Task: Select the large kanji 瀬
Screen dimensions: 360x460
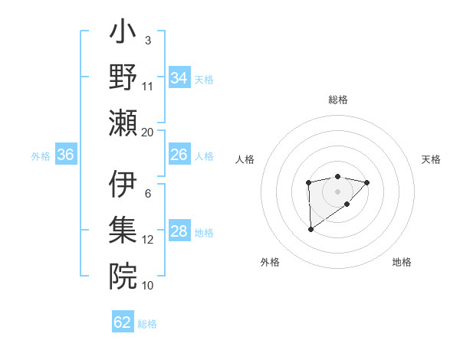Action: (x=123, y=122)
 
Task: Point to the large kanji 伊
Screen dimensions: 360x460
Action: (x=123, y=185)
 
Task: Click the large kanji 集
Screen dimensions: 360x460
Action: (x=123, y=230)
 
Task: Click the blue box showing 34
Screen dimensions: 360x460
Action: (x=179, y=78)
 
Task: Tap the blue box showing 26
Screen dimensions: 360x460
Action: (x=179, y=155)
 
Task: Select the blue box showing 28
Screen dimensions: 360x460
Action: (x=179, y=232)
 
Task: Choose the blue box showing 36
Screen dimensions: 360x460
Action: (x=66, y=155)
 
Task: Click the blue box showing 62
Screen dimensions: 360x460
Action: (x=123, y=322)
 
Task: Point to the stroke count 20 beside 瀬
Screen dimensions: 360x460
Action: (x=147, y=132)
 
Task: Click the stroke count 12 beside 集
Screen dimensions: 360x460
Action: (x=147, y=240)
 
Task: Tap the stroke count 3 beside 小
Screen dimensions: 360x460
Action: (x=147, y=40)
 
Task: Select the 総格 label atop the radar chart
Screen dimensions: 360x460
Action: (x=337, y=100)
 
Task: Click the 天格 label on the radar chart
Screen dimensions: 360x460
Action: (x=431, y=159)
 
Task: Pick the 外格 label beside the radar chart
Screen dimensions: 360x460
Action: (x=270, y=262)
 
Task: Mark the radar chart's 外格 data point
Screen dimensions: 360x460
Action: (x=310, y=229)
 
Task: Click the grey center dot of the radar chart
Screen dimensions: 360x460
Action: (x=337, y=190)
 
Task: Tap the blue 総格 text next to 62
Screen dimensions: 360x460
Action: (x=147, y=324)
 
